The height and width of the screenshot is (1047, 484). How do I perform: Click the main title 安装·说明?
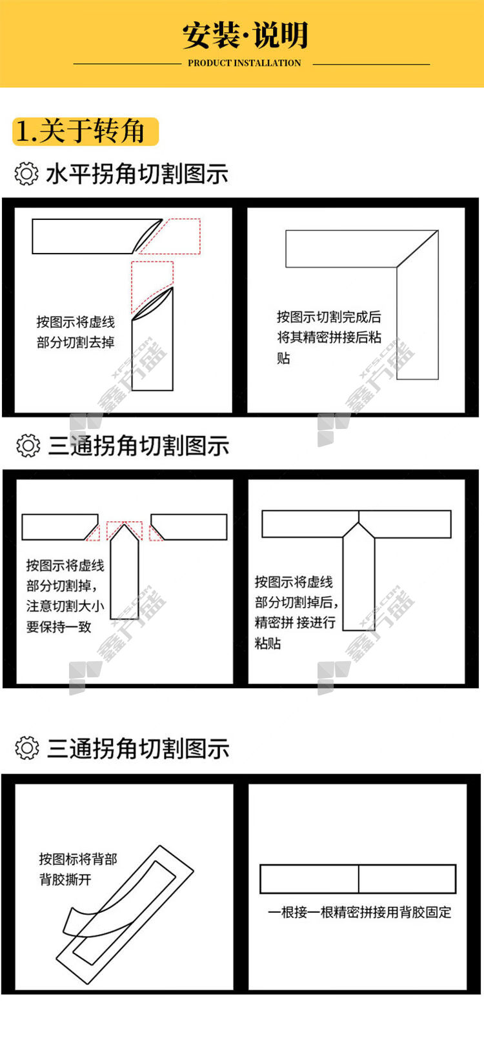click(245, 35)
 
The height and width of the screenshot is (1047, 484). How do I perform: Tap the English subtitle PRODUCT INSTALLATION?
click(245, 63)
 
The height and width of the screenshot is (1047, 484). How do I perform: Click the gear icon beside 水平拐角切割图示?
click(26, 174)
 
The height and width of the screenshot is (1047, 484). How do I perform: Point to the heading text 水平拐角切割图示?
click(137, 174)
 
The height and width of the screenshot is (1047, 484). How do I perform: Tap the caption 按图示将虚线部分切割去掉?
click(76, 332)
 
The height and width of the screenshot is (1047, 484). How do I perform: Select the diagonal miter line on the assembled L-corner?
click(417, 249)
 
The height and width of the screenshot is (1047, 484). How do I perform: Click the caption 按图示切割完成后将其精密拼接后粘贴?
click(329, 337)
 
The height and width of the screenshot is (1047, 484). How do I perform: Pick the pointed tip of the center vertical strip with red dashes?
click(125, 525)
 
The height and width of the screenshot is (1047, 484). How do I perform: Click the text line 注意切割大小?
click(65, 606)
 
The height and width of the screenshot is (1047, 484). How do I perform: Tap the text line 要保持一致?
click(59, 627)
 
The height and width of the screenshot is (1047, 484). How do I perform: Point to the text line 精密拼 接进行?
click(295, 623)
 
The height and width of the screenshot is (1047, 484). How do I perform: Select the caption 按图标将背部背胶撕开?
click(77, 870)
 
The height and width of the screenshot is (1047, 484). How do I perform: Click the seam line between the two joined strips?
click(359, 879)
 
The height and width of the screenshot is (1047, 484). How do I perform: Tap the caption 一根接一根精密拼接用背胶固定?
click(359, 912)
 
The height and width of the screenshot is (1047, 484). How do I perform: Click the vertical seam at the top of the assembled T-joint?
click(359, 517)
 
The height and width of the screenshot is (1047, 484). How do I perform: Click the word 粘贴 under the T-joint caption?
click(267, 644)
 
